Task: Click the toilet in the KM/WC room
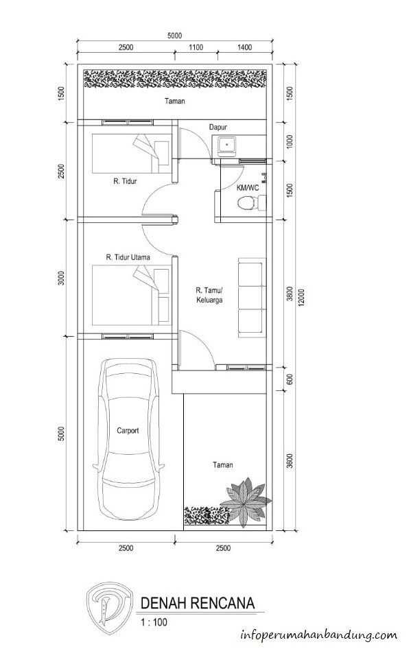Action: click(252, 204)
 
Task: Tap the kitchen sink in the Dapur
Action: click(227, 145)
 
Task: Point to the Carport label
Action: click(128, 431)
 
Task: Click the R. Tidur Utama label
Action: click(128, 257)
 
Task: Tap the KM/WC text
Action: click(248, 188)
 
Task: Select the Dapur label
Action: click(218, 127)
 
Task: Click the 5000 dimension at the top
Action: click(174, 36)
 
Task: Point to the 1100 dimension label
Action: click(196, 47)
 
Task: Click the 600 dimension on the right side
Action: click(290, 379)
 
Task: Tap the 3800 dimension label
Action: click(290, 294)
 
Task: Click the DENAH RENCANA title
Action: click(198, 603)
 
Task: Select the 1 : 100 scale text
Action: click(154, 622)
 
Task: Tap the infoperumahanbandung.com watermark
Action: click(319, 635)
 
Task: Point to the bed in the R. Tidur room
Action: click(130, 154)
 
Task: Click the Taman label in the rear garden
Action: click(175, 102)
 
